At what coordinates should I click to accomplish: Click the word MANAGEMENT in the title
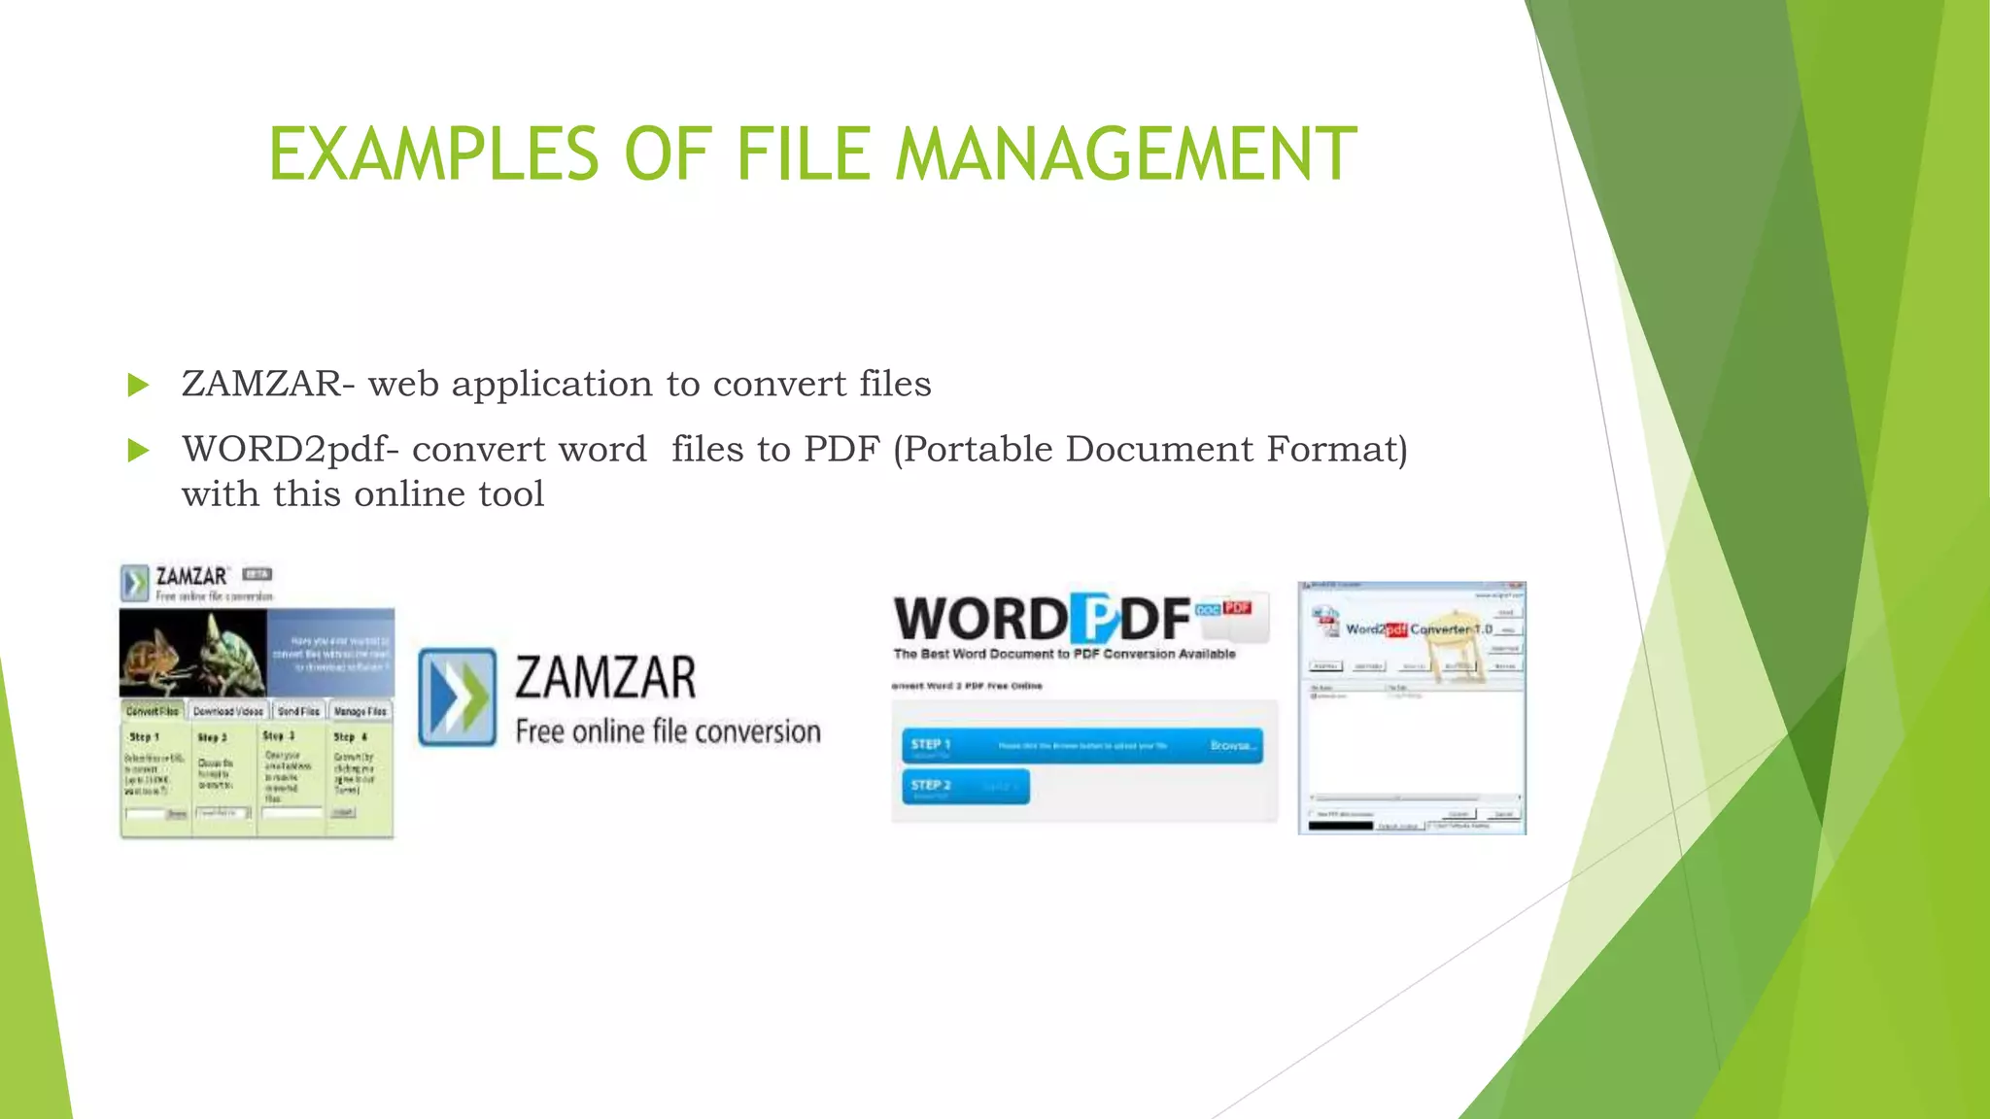(x=1125, y=154)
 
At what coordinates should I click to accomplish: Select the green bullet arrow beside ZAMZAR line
(x=138, y=386)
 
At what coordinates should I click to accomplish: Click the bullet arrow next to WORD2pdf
(x=138, y=451)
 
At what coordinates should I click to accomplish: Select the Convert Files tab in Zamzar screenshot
(x=153, y=711)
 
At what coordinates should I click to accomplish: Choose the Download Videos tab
(x=227, y=711)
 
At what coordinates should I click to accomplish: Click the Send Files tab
(x=298, y=711)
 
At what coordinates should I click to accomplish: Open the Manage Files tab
(x=360, y=711)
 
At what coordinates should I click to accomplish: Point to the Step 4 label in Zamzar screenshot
(x=350, y=737)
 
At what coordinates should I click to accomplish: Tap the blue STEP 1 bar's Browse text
(x=1233, y=746)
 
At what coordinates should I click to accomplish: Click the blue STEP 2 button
(x=965, y=787)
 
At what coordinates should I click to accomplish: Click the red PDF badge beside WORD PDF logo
(x=1237, y=608)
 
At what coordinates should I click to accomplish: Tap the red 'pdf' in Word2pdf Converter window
(x=1395, y=629)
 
